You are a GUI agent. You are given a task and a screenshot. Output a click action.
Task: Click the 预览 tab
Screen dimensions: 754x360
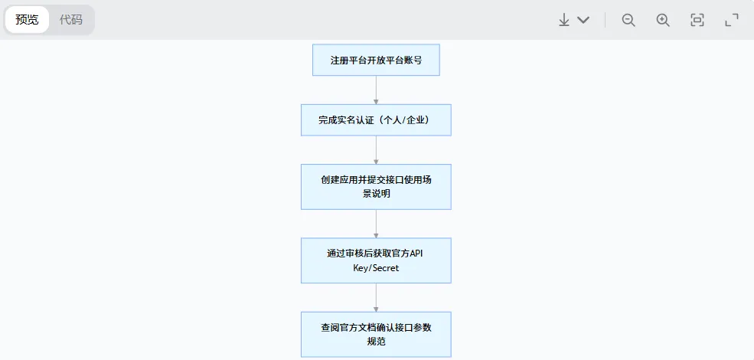point(27,20)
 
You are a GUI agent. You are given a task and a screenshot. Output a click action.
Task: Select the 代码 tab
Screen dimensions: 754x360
point(71,20)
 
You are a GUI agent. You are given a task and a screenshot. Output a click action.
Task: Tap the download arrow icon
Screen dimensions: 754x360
point(564,20)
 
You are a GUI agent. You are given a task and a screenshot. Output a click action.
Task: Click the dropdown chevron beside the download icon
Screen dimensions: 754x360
point(583,20)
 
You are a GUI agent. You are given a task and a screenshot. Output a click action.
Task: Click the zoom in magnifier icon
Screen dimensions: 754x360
point(663,20)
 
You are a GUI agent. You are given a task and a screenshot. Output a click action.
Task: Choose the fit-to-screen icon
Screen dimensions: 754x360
point(697,20)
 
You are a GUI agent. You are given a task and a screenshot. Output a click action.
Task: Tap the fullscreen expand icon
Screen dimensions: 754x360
point(732,20)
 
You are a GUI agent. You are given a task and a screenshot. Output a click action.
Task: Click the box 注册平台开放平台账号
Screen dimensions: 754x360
point(376,60)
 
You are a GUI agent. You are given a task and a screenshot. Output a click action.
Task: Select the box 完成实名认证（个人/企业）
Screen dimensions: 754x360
point(376,120)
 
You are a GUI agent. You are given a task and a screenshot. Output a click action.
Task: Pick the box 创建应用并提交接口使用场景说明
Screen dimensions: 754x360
point(376,186)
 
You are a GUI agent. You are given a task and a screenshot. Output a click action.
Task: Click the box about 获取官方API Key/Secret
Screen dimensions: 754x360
point(376,260)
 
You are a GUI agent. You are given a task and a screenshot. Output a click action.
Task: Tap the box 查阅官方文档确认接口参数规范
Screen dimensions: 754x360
point(376,334)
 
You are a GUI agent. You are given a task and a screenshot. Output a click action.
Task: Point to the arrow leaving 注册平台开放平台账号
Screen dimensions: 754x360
point(376,90)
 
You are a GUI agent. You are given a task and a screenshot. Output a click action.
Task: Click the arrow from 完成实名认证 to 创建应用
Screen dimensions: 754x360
point(376,150)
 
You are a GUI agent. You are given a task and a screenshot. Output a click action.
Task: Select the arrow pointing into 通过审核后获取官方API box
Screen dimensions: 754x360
point(376,224)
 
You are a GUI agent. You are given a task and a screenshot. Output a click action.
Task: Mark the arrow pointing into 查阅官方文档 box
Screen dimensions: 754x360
point(376,297)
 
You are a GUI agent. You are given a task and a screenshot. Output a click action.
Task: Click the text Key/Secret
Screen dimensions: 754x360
point(376,269)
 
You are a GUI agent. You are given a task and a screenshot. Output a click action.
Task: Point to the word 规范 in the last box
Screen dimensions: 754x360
point(376,342)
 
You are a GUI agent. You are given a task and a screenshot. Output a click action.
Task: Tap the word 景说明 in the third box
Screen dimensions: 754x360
point(376,195)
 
